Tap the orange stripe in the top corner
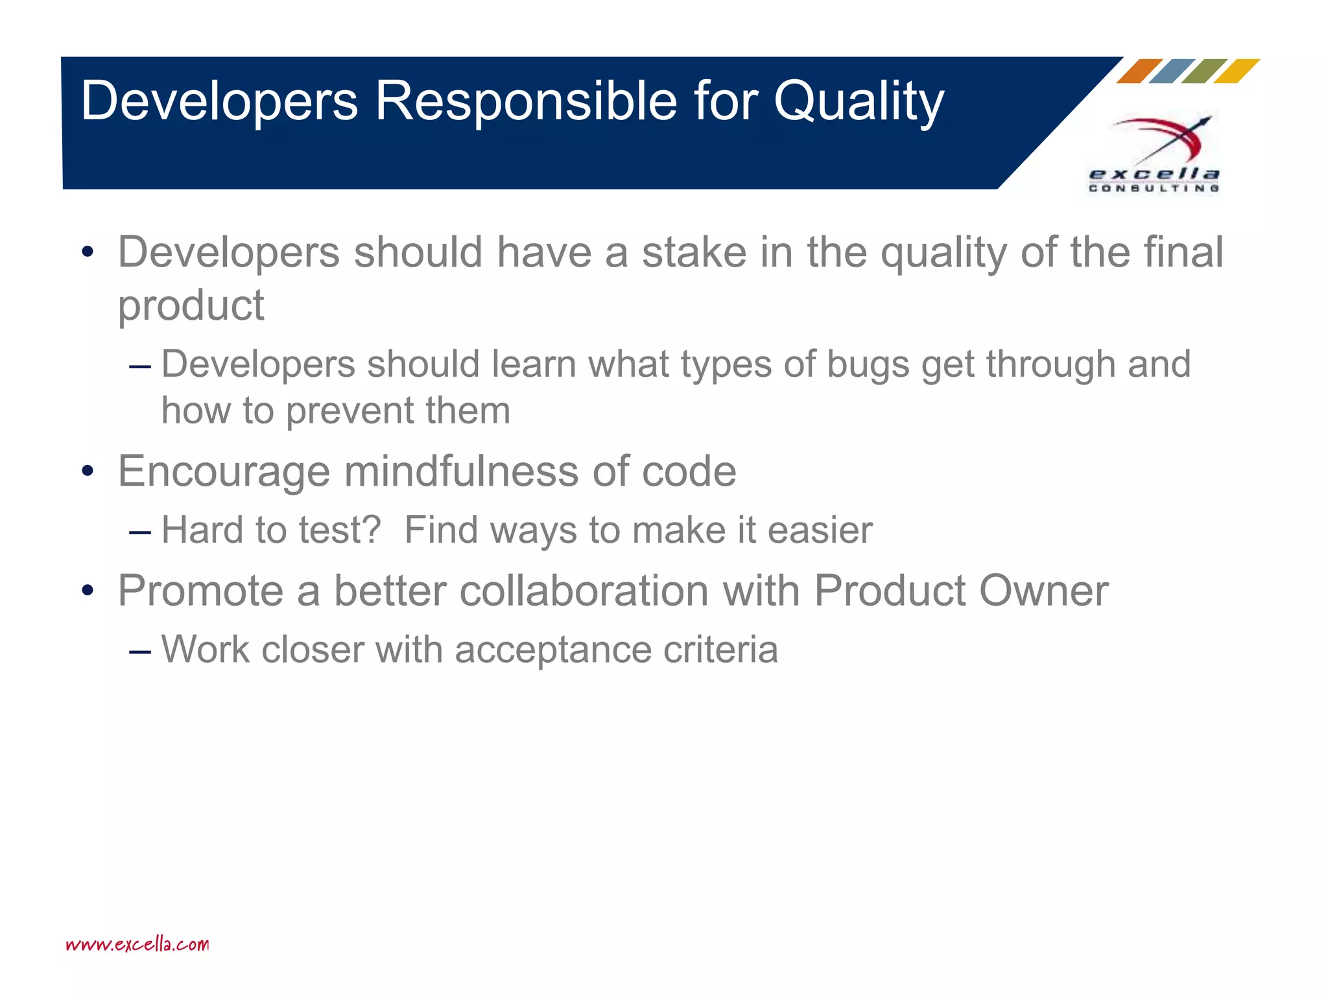(1139, 71)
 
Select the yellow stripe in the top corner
(1236, 71)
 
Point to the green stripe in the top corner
(1203, 71)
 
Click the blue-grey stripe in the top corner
(1171, 71)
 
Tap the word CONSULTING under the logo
(1154, 189)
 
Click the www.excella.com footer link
(137, 944)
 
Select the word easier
(820, 530)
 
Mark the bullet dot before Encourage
(88, 472)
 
